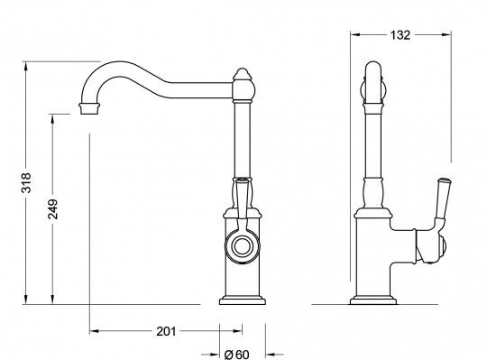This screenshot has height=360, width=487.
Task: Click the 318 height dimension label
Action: (x=26, y=183)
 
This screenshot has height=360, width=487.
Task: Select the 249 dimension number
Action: (x=53, y=209)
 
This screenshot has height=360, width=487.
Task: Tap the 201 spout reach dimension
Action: (x=166, y=331)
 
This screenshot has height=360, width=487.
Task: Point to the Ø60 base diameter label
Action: (x=236, y=354)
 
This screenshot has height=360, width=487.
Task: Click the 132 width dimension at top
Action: (x=400, y=35)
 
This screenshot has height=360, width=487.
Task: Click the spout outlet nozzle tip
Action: (x=90, y=108)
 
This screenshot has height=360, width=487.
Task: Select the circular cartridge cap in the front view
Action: (x=242, y=247)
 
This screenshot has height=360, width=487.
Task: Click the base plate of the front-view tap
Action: (x=243, y=301)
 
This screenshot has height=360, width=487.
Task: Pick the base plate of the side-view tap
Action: (x=373, y=301)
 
